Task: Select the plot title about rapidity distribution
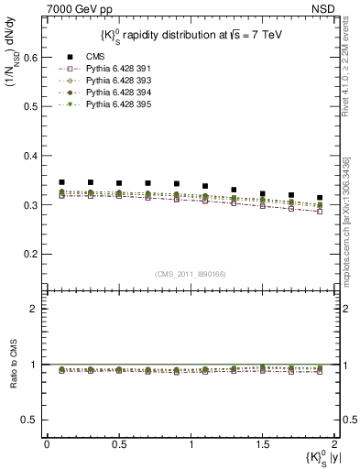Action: (187, 34)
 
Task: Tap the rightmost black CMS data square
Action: (320, 198)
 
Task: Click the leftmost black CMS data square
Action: (61, 182)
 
